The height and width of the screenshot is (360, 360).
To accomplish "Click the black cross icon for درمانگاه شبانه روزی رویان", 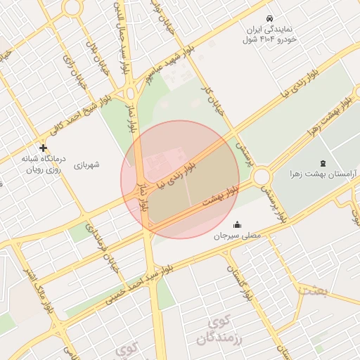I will (x=43, y=148).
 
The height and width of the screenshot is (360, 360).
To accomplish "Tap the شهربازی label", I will (x=86, y=165).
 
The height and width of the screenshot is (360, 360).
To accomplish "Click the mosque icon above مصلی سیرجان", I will (x=237, y=225).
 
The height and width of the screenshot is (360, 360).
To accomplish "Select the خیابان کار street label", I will (x=206, y=99).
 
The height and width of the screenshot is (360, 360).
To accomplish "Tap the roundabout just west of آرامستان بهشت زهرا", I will (x=262, y=176).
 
